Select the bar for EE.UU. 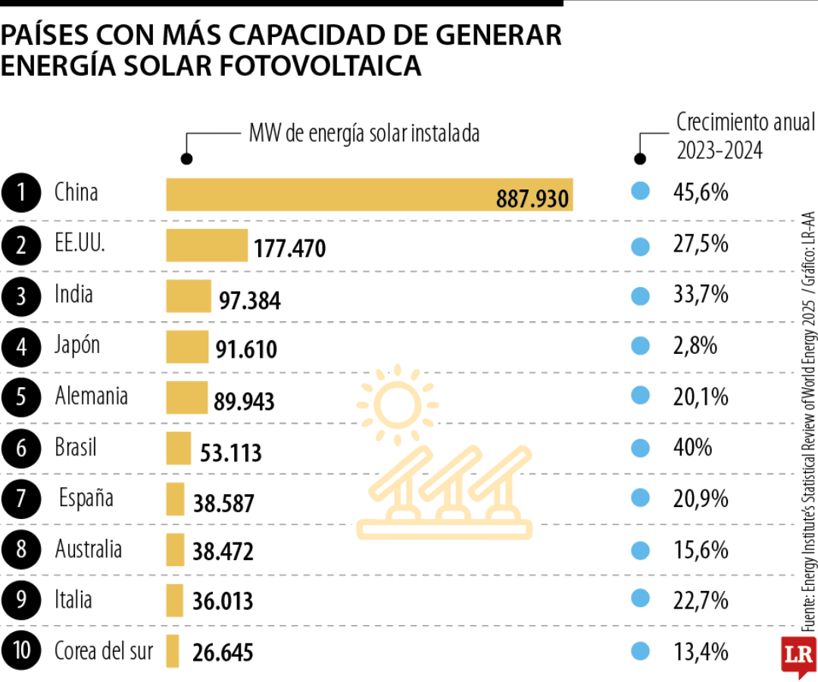coord(207,246)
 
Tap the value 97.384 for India coord(250,301)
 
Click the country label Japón coord(77,346)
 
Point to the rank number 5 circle coord(22,397)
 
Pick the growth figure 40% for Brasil coord(692,448)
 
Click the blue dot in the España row coord(641,499)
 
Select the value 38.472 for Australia coord(223,551)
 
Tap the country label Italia coord(73,600)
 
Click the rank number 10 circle coord(22,652)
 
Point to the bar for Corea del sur coord(173,651)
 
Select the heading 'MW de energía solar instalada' coord(364,134)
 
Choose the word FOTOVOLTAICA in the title coord(321,66)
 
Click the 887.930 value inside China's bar coord(532,199)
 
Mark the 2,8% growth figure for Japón coord(695,346)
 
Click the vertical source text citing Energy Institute coord(809,424)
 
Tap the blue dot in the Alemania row coord(641,396)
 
